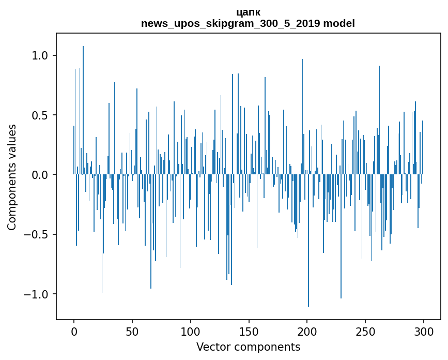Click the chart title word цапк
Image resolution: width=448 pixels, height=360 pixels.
[248, 12]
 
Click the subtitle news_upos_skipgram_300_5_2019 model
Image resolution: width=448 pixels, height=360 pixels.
[248, 23]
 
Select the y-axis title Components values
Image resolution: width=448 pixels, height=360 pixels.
[12, 177]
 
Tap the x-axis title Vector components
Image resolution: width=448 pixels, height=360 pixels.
[248, 347]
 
